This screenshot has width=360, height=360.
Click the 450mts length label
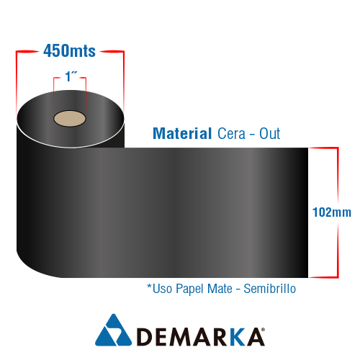pos(69,51)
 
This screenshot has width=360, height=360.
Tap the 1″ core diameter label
pos(71,76)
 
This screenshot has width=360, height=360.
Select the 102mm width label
pos(332,212)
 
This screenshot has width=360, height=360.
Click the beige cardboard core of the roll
pos(70,119)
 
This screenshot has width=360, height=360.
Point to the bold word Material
pos(182,133)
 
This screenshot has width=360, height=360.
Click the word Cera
pos(231,134)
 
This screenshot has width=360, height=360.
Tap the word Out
pos(269,134)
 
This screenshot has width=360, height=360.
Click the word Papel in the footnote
pos(190,289)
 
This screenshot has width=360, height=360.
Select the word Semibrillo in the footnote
pos(270,289)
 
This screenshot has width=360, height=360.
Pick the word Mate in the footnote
pos(220,289)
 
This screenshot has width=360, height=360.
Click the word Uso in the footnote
pos(162,289)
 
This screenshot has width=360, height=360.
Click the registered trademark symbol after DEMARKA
pos(263,330)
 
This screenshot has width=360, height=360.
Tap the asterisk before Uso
pos(149,286)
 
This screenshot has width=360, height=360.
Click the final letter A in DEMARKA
pos(255,337)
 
